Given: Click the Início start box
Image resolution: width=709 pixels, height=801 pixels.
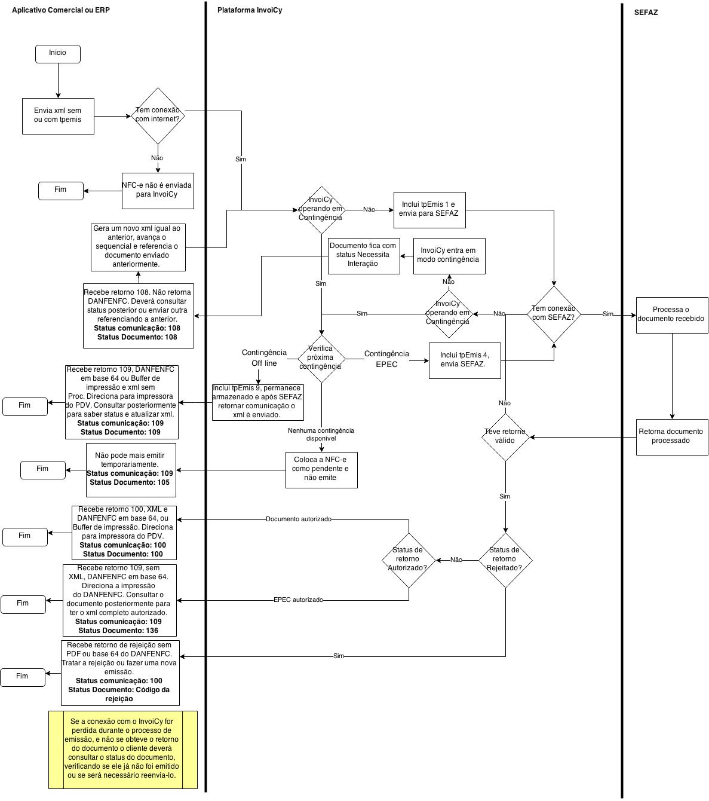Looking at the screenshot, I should click(x=58, y=53).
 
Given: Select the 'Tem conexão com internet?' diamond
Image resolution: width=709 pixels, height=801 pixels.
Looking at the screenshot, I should click(x=158, y=115).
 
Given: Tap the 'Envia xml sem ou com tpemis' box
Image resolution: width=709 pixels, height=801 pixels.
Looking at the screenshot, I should click(x=58, y=116).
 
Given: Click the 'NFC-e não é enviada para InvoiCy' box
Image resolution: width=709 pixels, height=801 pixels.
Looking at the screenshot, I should click(x=158, y=191).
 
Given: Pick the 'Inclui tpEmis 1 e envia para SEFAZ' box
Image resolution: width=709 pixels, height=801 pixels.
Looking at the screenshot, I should click(x=429, y=210).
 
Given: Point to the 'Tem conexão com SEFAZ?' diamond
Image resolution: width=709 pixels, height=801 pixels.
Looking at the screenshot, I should click(x=554, y=314).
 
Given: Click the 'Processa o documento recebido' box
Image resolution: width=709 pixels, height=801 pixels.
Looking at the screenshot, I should click(x=671, y=314).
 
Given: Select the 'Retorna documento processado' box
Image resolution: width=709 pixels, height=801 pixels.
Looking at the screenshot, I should click(x=671, y=437).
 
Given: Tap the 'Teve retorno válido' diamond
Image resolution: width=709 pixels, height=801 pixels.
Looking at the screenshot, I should click(x=505, y=437).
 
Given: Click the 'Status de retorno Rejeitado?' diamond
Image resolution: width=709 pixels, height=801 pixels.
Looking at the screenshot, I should click(x=505, y=560).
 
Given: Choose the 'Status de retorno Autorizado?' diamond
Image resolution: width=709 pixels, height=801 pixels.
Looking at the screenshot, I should click(x=409, y=560).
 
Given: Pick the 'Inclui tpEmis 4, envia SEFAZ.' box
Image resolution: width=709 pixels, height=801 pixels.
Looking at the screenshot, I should click(x=465, y=360).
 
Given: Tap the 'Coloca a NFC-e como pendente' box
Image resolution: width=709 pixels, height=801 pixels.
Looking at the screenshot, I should click(x=321, y=469).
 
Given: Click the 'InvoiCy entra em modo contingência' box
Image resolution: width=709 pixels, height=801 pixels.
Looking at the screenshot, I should click(x=449, y=256).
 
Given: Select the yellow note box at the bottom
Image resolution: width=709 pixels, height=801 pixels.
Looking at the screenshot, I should click(x=123, y=749).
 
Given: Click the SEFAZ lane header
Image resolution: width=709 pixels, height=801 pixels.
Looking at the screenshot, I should click(x=646, y=12).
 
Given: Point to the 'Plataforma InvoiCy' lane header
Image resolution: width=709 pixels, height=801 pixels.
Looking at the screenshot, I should click(x=250, y=10).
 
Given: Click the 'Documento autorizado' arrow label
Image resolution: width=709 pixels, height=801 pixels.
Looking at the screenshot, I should click(x=298, y=519).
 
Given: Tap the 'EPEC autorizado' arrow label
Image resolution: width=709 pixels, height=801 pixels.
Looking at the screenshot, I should click(x=298, y=600).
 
